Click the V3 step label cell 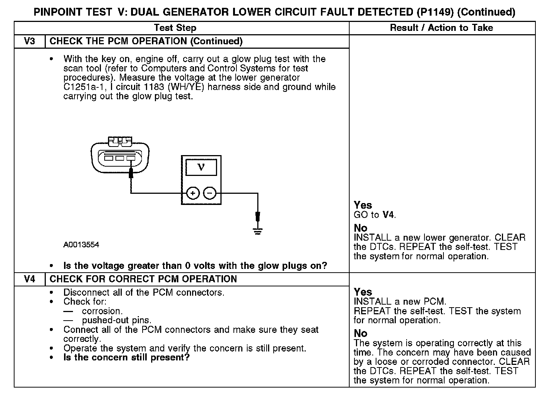(29, 41)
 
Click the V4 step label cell (29, 279)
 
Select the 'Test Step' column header (175, 28)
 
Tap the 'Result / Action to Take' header (441, 28)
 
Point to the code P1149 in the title (434, 12)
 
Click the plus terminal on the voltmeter (192, 193)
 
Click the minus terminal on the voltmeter (210, 193)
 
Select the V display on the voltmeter (201, 167)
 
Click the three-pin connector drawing (120, 156)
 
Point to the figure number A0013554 (81, 245)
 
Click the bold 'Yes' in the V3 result (363, 205)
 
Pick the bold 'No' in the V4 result (360, 333)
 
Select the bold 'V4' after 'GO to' (388, 215)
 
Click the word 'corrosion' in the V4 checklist (102, 311)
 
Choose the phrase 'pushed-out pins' (116, 320)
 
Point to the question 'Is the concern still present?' (127, 357)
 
